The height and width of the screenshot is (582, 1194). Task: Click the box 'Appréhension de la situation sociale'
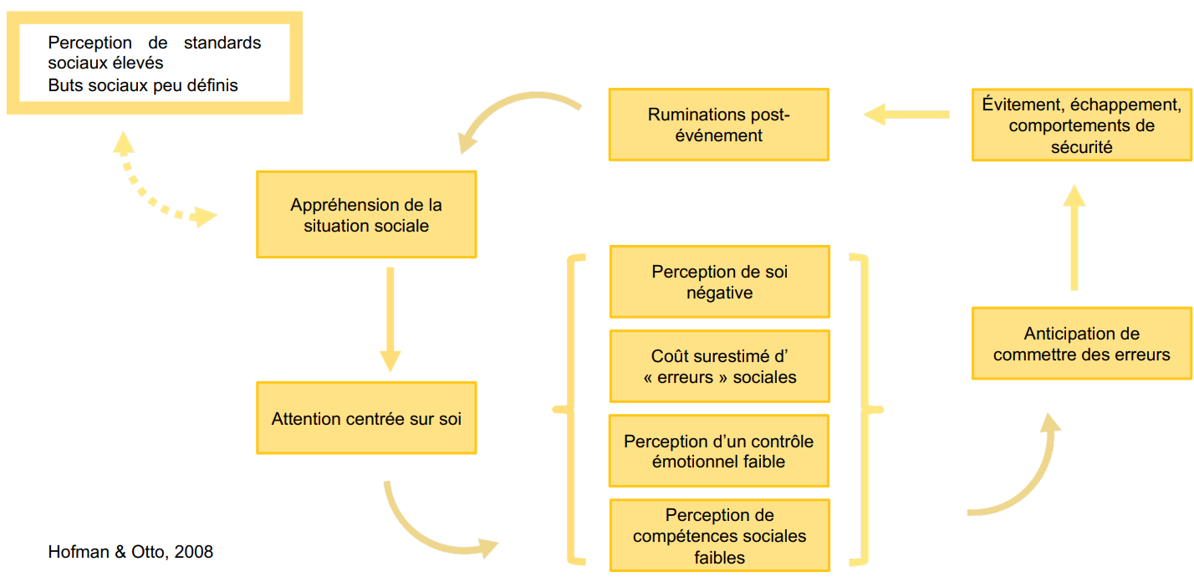(366, 215)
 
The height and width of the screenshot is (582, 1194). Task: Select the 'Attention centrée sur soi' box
(366, 418)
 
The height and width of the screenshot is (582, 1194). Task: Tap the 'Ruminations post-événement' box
(718, 125)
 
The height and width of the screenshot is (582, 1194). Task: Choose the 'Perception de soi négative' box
(719, 282)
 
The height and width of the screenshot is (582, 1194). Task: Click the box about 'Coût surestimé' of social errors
(719, 366)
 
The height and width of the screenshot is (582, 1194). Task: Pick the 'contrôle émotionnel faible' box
(719, 451)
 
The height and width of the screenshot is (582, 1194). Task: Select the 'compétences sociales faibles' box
(719, 535)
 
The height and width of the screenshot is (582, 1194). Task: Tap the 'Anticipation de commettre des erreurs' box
(1081, 344)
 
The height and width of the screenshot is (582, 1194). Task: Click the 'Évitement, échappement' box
(1081, 125)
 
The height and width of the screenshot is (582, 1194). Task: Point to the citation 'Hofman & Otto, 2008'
(130, 552)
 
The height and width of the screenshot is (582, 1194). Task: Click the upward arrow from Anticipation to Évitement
(1074, 238)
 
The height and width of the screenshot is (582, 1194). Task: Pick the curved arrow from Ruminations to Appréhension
(510, 113)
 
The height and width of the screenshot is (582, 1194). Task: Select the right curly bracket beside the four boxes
(865, 409)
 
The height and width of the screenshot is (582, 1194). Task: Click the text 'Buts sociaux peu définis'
(143, 85)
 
